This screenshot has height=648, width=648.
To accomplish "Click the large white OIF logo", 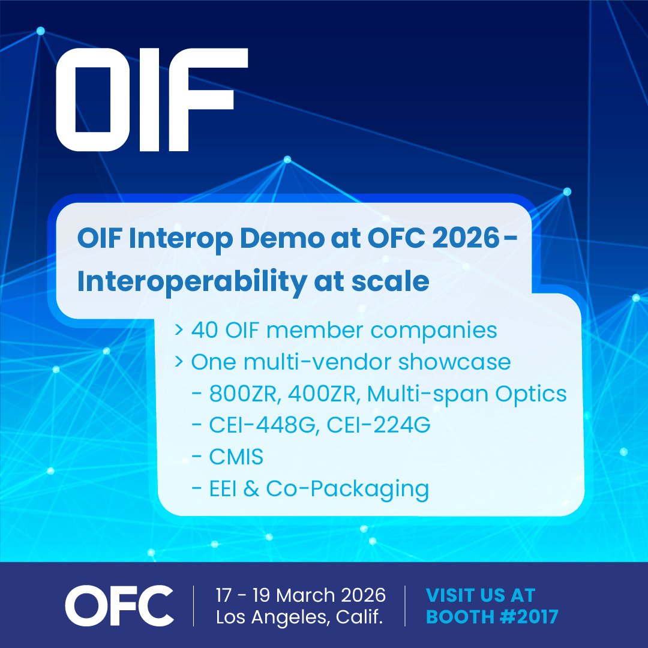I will [x=151, y=99].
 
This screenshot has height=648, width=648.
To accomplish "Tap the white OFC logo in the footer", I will [x=119, y=606].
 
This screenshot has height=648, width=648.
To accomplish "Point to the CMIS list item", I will [x=236, y=458].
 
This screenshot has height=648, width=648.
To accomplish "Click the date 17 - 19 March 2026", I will [x=300, y=595].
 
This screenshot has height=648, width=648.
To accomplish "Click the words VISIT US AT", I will [x=480, y=595].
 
